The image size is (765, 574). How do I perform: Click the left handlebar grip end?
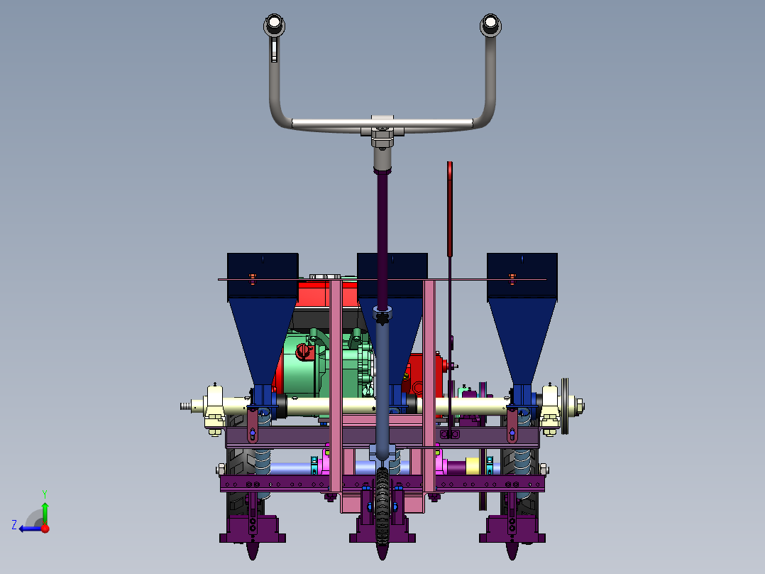274,24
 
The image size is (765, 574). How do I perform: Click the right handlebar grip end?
490,24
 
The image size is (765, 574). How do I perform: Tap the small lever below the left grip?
274,50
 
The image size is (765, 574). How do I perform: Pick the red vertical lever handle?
450,209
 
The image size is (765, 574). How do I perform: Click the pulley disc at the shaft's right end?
565,406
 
